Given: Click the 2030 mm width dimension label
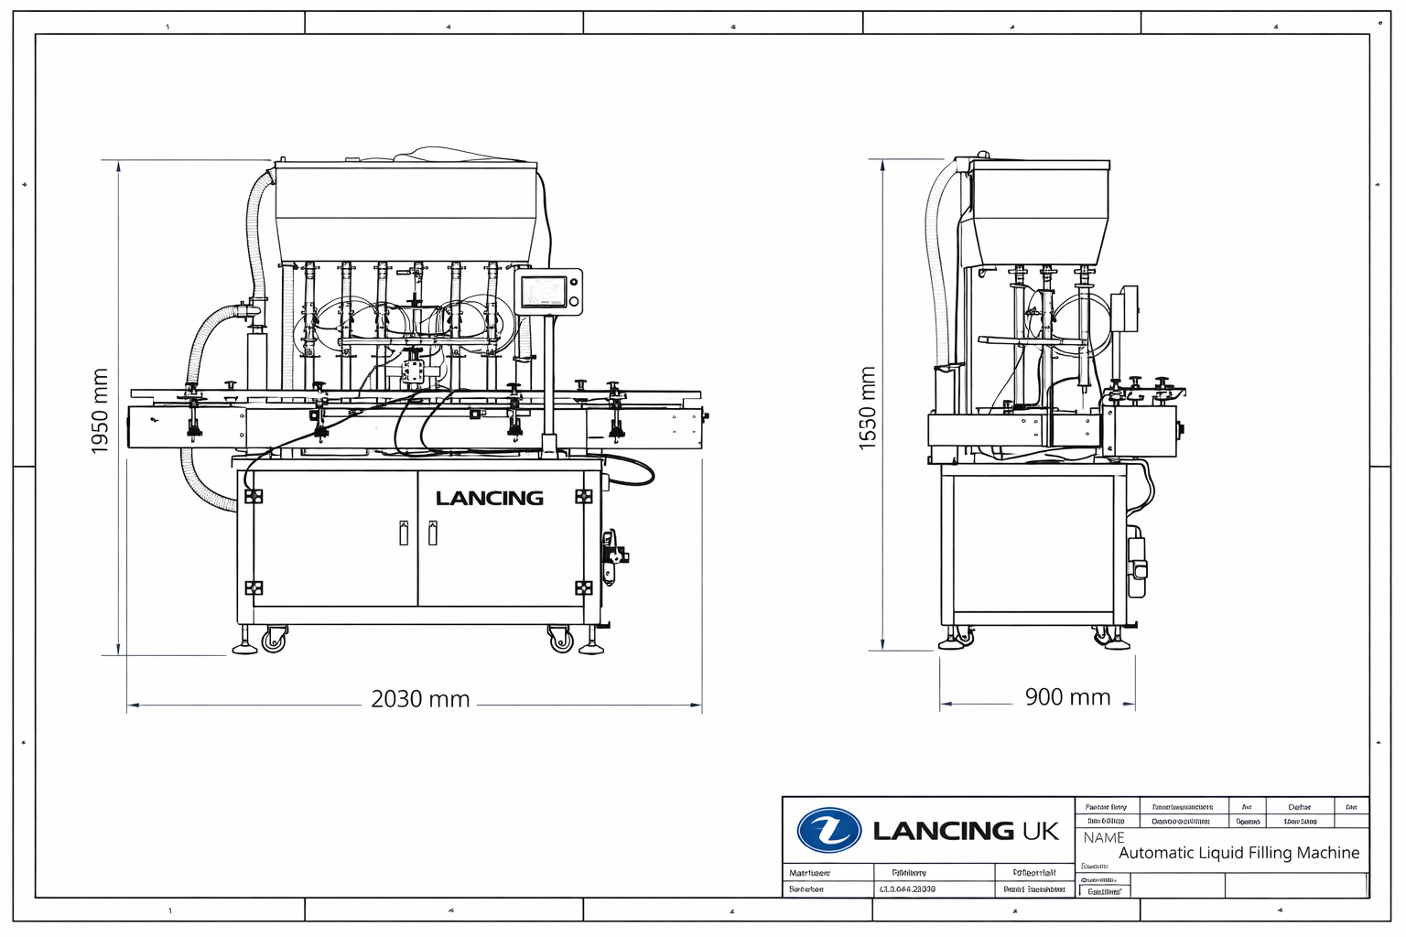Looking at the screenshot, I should pyautogui.click(x=420, y=699).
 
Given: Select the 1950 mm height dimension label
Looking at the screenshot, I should pyautogui.click(x=100, y=411).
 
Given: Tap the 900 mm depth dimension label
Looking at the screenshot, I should pyautogui.click(x=1067, y=697).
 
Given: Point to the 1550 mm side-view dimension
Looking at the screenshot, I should pyautogui.click(x=867, y=408).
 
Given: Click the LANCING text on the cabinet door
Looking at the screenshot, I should pyautogui.click(x=490, y=499).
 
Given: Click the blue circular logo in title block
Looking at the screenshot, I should pyautogui.click(x=828, y=830).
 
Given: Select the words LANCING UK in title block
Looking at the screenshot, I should pyautogui.click(x=966, y=831).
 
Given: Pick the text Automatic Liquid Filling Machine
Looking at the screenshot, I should pyautogui.click(x=1238, y=853).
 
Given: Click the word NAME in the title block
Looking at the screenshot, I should pyautogui.click(x=1104, y=837).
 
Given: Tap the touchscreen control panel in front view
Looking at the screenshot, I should pyautogui.click(x=547, y=292).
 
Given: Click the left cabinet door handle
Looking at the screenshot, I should pyautogui.click(x=404, y=533).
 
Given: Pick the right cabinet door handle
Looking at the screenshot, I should pyautogui.click(x=433, y=533).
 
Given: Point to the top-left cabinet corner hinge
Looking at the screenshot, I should pyautogui.click(x=254, y=496).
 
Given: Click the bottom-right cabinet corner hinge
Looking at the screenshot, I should pyautogui.click(x=583, y=587).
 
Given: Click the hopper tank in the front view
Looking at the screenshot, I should pyautogui.click(x=406, y=210).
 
